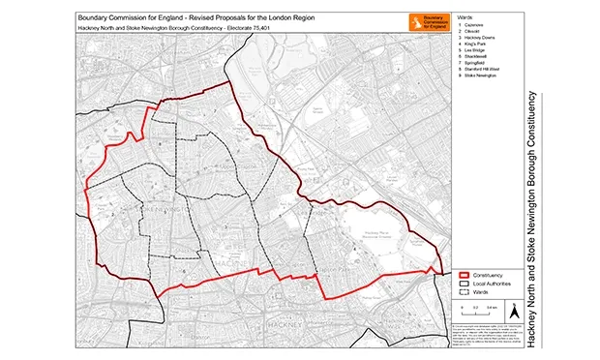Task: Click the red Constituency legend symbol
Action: point(465,274)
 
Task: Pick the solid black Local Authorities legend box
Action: point(465,283)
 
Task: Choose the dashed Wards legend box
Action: point(465,291)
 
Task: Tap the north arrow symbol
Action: point(516,311)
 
